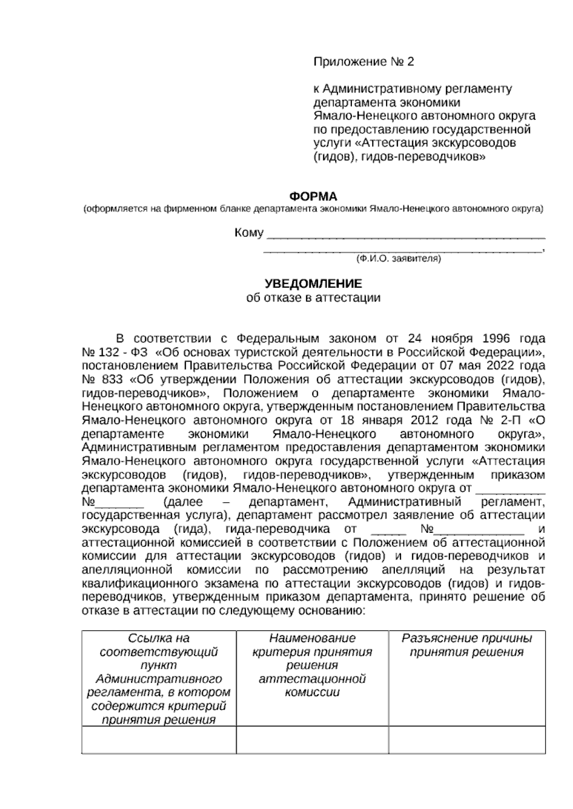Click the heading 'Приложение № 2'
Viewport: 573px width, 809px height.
pyautogui.click(x=363, y=62)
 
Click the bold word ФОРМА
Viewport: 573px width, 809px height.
pyautogui.click(x=313, y=196)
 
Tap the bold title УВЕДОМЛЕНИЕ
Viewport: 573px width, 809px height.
pyautogui.click(x=313, y=284)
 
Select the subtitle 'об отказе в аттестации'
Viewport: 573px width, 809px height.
pyautogui.click(x=313, y=298)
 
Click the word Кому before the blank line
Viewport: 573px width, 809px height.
pyautogui.click(x=249, y=233)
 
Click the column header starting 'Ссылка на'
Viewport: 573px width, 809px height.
pyautogui.click(x=159, y=678)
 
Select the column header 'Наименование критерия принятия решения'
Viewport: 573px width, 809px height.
pyautogui.click(x=312, y=665)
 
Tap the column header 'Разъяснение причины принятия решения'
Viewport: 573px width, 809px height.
pyautogui.click(x=467, y=645)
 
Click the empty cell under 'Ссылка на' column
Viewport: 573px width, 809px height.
pyautogui.click(x=159, y=740)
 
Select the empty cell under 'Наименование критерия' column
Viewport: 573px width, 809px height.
pyautogui.click(x=312, y=740)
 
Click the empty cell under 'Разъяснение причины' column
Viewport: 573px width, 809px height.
pyautogui.click(x=467, y=740)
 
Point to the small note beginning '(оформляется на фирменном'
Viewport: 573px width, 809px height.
pyautogui.click(x=313, y=209)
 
